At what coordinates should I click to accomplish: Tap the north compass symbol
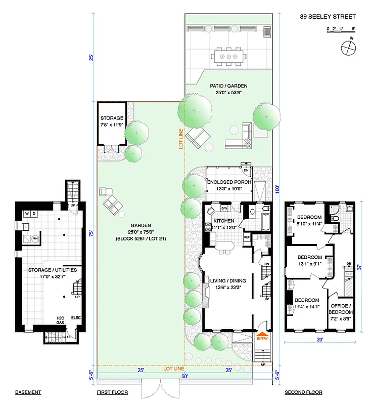pyautogui.click(x=348, y=48)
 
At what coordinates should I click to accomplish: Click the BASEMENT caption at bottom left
pyautogui.click(x=28, y=392)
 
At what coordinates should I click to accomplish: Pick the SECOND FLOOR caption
pyautogui.click(x=303, y=392)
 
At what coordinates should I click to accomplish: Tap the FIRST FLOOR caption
pyautogui.click(x=112, y=392)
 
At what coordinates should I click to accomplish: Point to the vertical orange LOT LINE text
pyautogui.click(x=180, y=138)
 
